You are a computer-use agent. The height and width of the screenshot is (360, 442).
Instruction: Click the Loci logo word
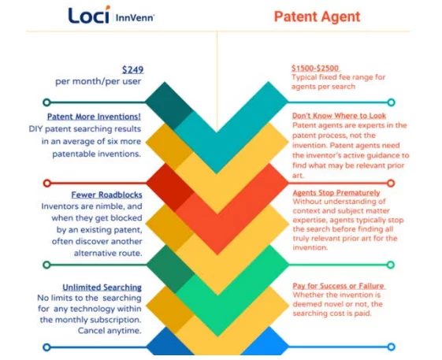tap(89, 15)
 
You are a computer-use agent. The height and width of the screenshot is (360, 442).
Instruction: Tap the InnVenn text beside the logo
tap(135, 18)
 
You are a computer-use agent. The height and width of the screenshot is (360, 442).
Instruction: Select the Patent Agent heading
tap(318, 17)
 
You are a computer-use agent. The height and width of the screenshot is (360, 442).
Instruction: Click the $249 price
tap(133, 69)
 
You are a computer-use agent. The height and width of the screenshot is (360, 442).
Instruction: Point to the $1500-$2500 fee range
tap(315, 69)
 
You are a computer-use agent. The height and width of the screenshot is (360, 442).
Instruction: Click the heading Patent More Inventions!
tap(94, 117)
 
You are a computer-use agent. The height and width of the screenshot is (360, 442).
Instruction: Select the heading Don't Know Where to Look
tap(339, 116)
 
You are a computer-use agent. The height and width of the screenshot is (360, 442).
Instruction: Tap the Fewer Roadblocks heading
tap(106, 195)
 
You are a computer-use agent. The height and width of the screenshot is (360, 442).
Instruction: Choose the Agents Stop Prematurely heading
tap(336, 192)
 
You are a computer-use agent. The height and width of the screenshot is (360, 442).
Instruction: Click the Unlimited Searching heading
tap(102, 288)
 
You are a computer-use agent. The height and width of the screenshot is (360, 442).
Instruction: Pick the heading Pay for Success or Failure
tap(339, 286)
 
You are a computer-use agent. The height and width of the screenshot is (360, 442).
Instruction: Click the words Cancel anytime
tap(110, 330)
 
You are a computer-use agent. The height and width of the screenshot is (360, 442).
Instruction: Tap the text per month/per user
tap(98, 81)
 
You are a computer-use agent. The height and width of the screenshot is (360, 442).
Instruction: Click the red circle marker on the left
tap(47, 184)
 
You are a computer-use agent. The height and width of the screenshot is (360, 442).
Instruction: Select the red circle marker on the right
tap(391, 184)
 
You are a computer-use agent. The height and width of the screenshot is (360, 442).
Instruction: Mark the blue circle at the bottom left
tap(46, 347)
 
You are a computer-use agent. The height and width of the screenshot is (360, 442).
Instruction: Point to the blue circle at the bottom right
tap(391, 347)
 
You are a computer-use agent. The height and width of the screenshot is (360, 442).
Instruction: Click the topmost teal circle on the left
tap(46, 102)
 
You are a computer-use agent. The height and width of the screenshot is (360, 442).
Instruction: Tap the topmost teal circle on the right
tap(391, 102)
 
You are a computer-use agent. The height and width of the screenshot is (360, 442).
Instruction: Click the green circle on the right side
tap(391, 265)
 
